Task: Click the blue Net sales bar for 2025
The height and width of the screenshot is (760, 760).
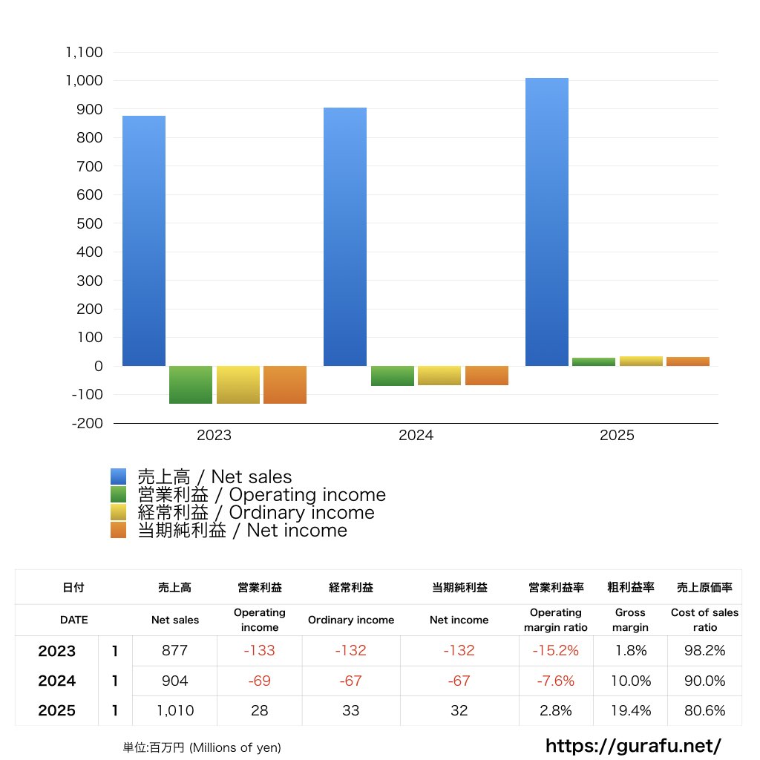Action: coord(547,222)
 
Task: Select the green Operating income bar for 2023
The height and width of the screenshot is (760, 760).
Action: coord(191,385)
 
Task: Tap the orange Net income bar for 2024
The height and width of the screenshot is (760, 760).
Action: coord(487,376)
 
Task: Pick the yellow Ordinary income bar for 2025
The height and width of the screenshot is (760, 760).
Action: coord(641,361)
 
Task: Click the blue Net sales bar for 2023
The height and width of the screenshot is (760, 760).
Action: coord(144,241)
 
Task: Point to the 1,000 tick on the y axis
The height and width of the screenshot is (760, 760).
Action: coord(85,80)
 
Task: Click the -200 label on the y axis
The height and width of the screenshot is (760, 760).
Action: coord(88,423)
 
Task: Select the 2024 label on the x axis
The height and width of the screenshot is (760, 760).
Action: coord(416,435)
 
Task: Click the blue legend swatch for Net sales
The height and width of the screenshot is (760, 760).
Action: coord(118,476)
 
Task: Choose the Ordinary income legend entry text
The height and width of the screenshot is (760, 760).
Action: coord(256,512)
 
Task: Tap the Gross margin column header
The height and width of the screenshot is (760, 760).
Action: coord(630,620)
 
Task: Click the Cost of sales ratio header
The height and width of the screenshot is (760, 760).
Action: coord(705,620)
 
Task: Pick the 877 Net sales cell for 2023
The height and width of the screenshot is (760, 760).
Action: coord(174,650)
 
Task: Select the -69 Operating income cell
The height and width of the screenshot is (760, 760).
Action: coord(259,681)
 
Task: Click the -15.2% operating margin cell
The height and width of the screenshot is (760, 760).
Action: coord(555,650)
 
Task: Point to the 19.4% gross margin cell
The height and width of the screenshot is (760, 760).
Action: coord(631,710)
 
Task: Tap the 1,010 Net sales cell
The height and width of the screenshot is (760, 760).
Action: coord(175,710)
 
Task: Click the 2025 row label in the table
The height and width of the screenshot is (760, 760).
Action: coord(56,710)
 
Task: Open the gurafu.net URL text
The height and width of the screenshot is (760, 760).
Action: coord(633,746)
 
